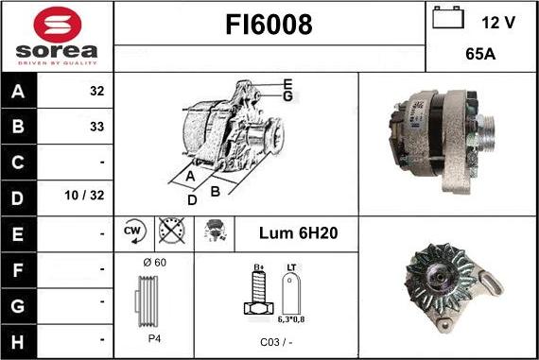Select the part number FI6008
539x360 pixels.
pyautogui.click(x=269, y=26)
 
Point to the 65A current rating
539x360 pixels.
pyautogui.click(x=482, y=55)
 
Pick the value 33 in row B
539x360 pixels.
pyautogui.click(x=96, y=126)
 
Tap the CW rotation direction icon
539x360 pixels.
pyautogui.click(x=133, y=231)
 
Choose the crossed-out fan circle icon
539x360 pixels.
pyautogui.click(x=170, y=231)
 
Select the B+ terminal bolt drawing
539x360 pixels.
pyautogui.click(x=256, y=295)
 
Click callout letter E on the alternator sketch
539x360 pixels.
pyautogui.click(x=287, y=83)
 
